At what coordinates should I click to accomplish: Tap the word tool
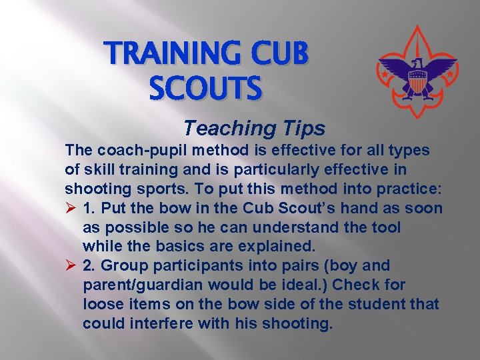[x=386, y=227]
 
